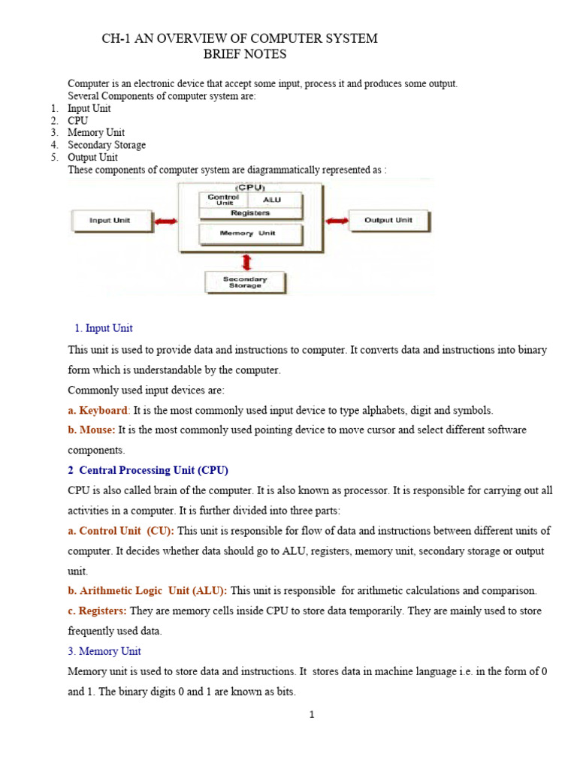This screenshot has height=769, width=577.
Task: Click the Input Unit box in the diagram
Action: coord(110,221)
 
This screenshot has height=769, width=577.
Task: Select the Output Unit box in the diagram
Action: coord(388,221)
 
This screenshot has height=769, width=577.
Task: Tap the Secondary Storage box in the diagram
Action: coord(246,282)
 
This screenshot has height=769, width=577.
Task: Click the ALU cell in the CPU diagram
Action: coord(272,201)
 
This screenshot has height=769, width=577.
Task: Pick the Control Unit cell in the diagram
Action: coord(223,200)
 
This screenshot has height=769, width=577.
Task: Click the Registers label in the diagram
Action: coord(250,213)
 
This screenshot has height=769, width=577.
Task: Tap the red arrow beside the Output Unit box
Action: coord(337,221)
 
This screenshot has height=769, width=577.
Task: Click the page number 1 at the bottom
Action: coord(312,714)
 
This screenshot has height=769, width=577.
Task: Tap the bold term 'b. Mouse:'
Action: coord(92,430)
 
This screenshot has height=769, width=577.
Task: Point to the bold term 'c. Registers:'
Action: coord(98,611)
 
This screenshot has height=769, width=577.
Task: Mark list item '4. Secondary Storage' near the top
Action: coord(106,145)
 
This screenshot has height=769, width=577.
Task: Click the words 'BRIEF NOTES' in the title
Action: coord(245,54)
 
